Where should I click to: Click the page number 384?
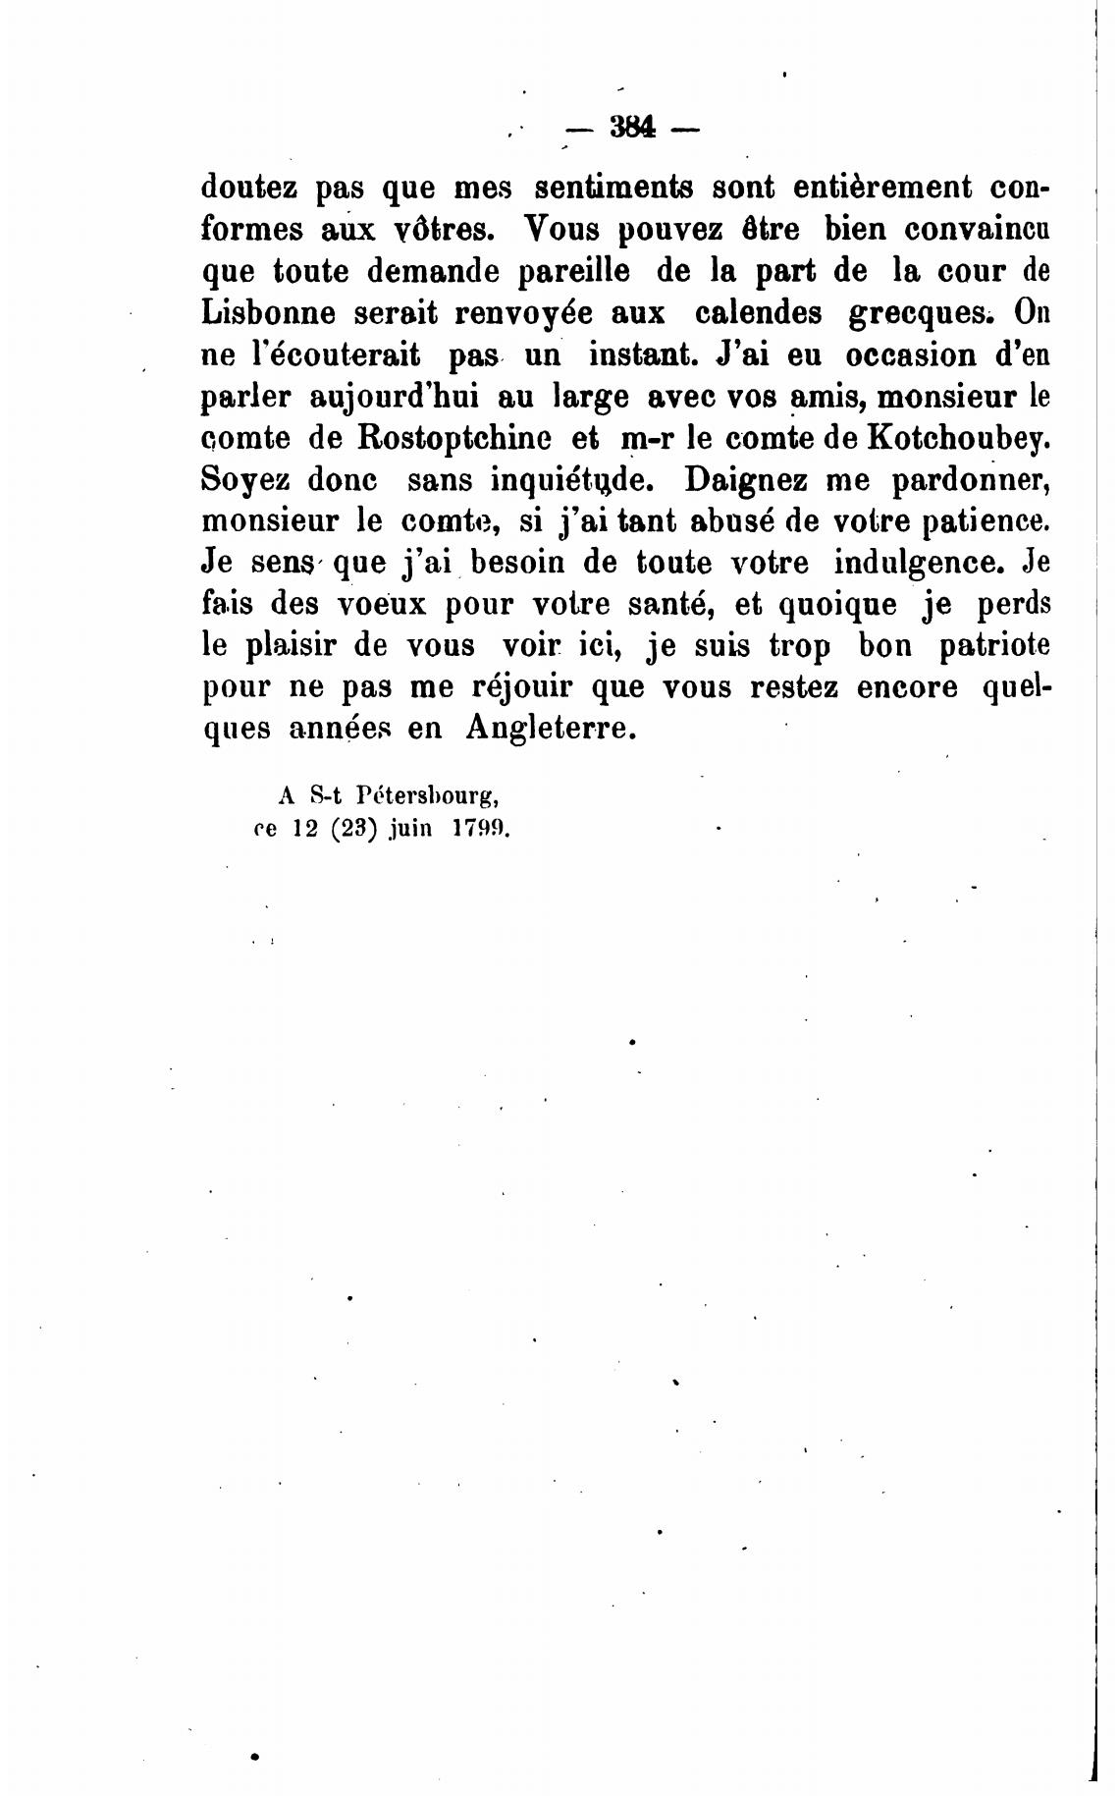[x=631, y=129]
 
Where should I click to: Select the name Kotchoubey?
[x=957, y=439]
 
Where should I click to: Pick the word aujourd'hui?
[x=393, y=398]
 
